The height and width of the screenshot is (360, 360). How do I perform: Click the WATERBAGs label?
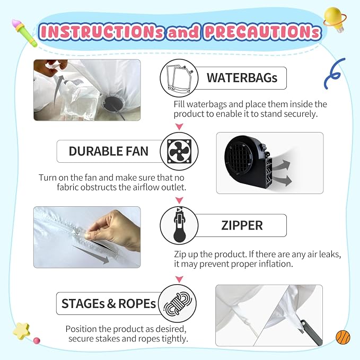point(242,78)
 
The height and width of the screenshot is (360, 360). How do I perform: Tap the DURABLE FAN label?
point(108,151)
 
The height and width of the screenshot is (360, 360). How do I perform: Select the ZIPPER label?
point(242,225)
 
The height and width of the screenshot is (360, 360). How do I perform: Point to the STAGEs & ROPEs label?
point(109,303)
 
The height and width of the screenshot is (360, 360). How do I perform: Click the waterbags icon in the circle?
point(179,78)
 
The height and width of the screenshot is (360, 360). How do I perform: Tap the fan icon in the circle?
point(179,151)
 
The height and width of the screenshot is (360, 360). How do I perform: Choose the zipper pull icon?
point(179,225)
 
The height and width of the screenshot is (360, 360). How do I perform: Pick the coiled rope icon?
point(178,303)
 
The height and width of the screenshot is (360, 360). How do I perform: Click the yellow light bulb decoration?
point(335,19)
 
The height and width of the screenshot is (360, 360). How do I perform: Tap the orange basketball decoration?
point(343,337)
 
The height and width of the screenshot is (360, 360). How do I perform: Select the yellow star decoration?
point(21,331)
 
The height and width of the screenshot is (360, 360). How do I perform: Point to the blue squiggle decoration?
point(334,73)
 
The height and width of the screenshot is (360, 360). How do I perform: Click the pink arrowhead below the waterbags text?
point(179,127)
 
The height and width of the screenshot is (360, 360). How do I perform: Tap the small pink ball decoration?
point(37,340)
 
